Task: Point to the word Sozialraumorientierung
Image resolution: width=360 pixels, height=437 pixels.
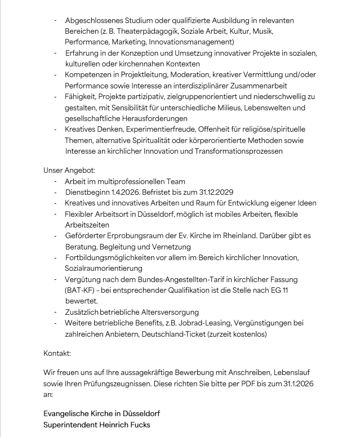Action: [104, 268]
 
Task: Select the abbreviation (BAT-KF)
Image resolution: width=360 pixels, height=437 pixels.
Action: [81, 290]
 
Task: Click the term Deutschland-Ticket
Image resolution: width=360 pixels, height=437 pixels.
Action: [174, 334]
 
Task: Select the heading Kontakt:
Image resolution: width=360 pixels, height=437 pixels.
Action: [57, 354]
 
